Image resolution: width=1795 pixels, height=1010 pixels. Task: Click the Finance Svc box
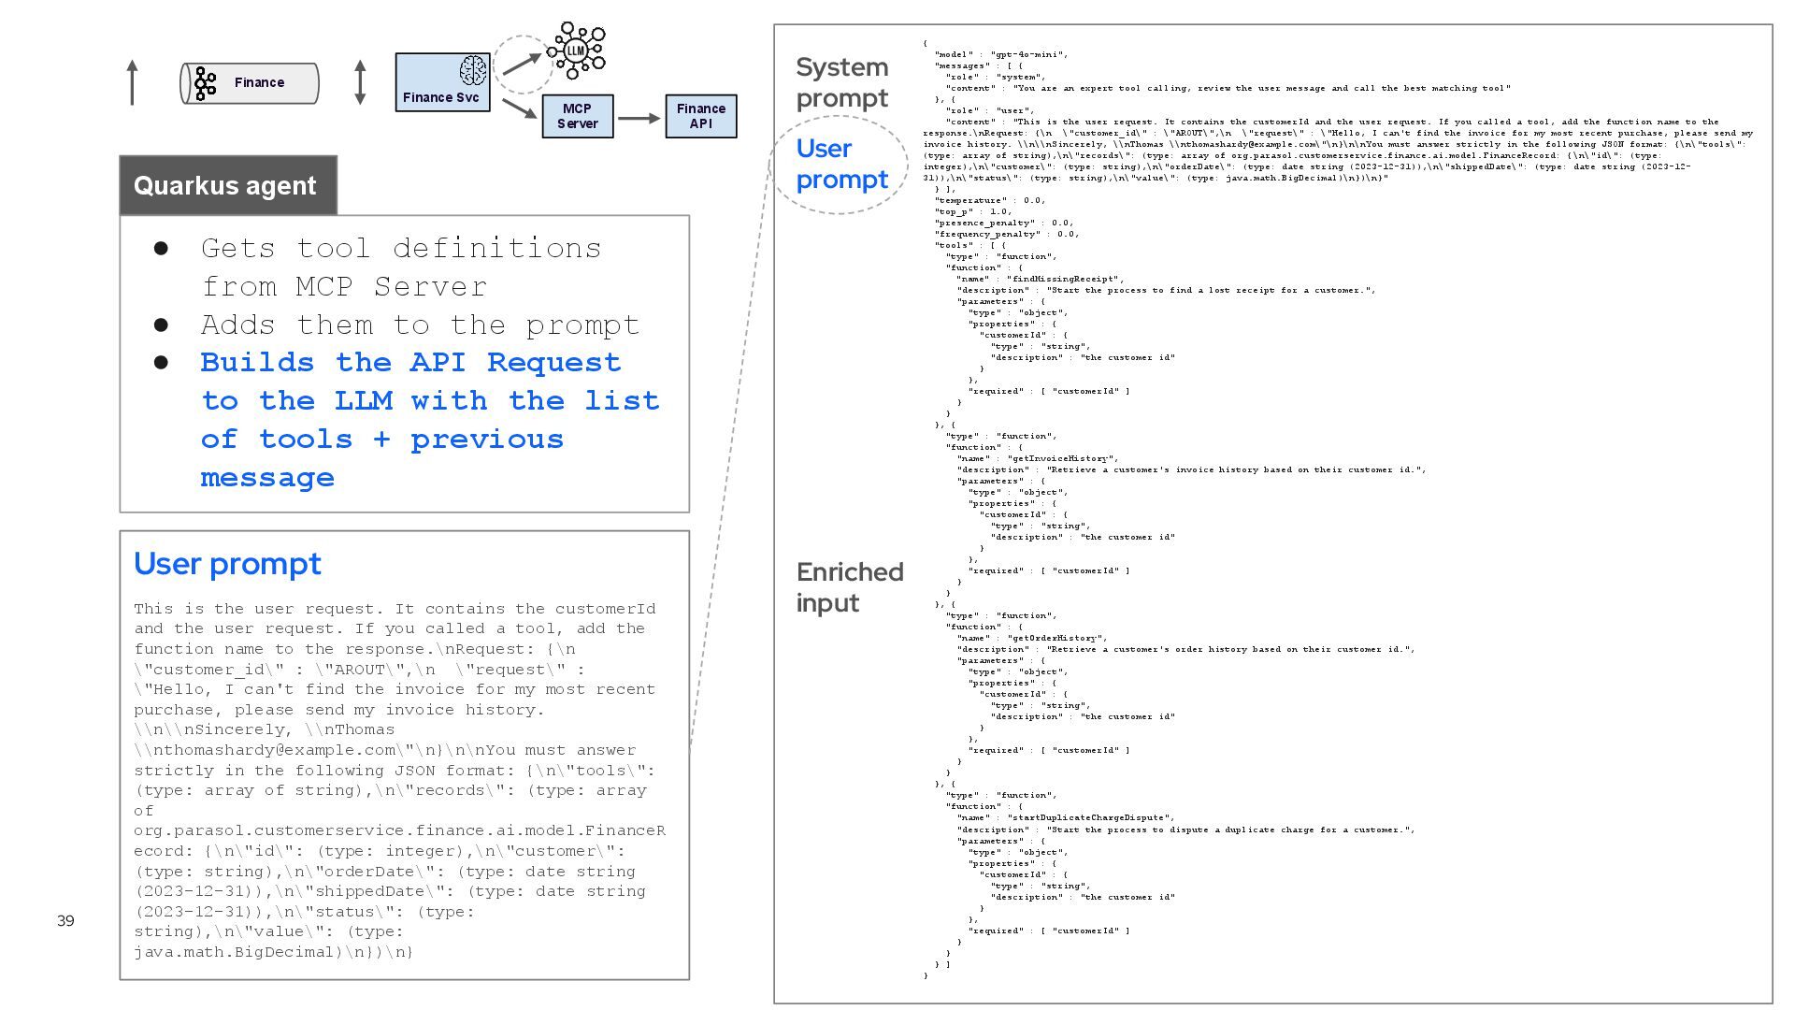click(x=441, y=82)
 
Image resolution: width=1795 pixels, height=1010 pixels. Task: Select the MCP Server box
click(x=577, y=116)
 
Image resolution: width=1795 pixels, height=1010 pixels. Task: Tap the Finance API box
click(x=700, y=116)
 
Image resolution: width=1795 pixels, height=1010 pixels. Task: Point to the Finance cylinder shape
click(x=250, y=83)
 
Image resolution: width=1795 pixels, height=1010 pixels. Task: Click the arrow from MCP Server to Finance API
click(x=639, y=119)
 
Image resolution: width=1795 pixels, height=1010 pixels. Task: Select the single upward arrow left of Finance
click(x=133, y=82)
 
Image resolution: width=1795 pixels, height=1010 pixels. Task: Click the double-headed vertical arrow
click(x=360, y=82)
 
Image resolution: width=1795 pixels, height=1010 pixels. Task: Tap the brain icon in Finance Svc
click(x=473, y=70)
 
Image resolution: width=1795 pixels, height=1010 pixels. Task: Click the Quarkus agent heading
click(x=225, y=185)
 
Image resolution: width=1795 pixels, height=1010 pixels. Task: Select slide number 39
click(x=65, y=921)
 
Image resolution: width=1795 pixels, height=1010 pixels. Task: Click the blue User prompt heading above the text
click(x=227, y=564)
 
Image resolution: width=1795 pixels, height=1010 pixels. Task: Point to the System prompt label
click(x=841, y=82)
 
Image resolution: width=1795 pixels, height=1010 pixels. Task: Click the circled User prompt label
click(x=841, y=164)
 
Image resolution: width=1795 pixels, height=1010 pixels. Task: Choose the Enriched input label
click(x=849, y=587)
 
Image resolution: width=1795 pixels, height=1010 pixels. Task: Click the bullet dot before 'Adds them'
click(x=161, y=325)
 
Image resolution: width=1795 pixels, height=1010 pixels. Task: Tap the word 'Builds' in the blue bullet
click(x=257, y=363)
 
